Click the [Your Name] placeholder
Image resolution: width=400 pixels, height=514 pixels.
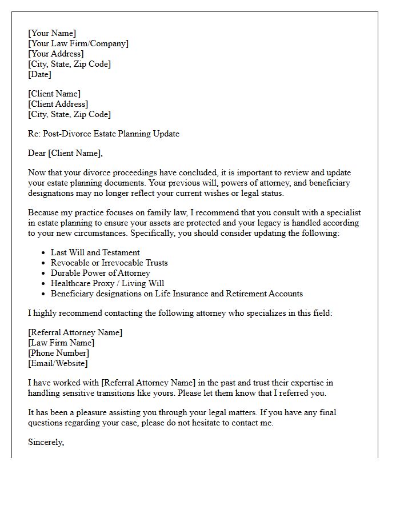click(51, 33)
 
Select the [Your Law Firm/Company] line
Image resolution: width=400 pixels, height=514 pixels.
click(78, 43)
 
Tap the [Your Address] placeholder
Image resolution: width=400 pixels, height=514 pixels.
click(55, 54)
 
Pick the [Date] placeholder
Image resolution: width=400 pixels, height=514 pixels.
click(39, 74)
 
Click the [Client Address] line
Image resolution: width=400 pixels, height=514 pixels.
click(58, 104)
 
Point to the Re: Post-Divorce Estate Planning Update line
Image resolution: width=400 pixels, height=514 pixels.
click(103, 134)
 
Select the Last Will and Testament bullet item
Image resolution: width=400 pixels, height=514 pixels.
click(95, 252)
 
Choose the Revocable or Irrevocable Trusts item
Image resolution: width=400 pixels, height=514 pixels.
click(109, 263)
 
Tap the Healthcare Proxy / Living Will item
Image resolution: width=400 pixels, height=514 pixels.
click(107, 283)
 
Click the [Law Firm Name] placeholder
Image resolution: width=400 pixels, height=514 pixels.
click(61, 343)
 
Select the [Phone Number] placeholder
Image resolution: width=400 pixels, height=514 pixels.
click(58, 353)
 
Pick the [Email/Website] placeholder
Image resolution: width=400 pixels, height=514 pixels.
click(58, 363)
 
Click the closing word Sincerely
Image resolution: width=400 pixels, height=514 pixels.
click(46, 442)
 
